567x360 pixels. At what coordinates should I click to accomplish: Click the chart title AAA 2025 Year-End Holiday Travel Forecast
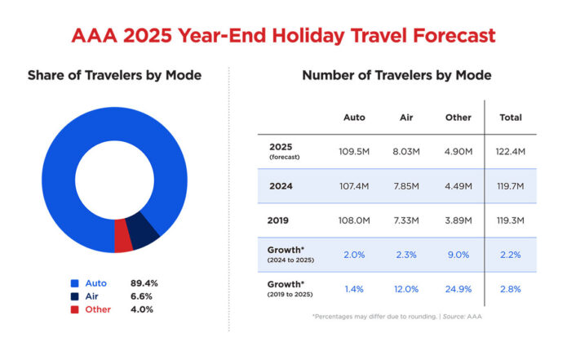(282, 36)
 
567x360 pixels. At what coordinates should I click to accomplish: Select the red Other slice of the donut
(123, 237)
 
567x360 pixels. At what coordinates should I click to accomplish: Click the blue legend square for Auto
(73, 283)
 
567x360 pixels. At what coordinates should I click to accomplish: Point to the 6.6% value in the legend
(144, 296)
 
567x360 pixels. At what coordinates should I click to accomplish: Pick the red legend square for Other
(73, 309)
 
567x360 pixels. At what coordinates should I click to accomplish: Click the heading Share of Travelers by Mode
(114, 76)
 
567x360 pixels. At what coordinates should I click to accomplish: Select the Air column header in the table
(405, 118)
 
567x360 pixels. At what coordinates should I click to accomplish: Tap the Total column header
(510, 118)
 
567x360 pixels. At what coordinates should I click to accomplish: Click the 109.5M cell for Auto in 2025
(354, 151)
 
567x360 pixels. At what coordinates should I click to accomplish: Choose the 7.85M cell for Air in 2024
(405, 186)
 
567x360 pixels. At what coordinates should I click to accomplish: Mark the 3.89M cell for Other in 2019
(458, 220)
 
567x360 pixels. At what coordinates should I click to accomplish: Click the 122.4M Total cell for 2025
(511, 151)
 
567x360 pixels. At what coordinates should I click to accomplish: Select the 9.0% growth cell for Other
(458, 255)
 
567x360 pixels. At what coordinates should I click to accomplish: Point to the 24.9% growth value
(458, 289)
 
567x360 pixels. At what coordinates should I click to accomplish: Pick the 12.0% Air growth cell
(405, 289)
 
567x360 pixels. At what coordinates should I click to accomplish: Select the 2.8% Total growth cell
(511, 289)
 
